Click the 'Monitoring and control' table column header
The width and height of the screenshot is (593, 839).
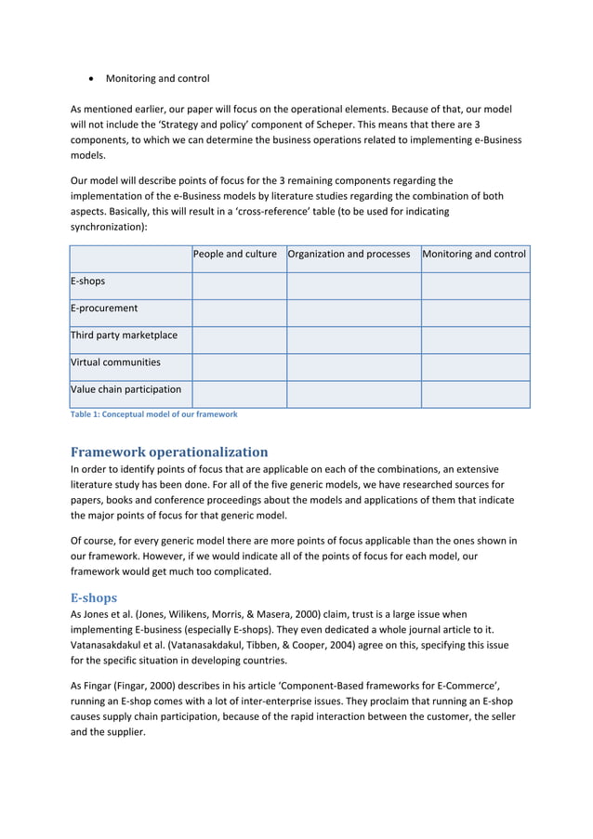point(474,254)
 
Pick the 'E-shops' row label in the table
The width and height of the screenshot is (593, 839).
point(87,281)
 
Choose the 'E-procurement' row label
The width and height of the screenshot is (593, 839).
point(104,308)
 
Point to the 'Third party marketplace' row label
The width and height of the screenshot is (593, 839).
point(124,334)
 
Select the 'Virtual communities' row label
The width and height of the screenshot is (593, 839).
point(115,362)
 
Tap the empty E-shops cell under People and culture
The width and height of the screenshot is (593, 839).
point(239,285)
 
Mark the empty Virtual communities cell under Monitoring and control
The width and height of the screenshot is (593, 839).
point(475,367)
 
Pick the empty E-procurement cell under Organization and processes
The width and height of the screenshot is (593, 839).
point(353,313)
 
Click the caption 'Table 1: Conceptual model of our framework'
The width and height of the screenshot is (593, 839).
point(154,414)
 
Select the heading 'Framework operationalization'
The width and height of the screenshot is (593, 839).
point(169,452)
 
